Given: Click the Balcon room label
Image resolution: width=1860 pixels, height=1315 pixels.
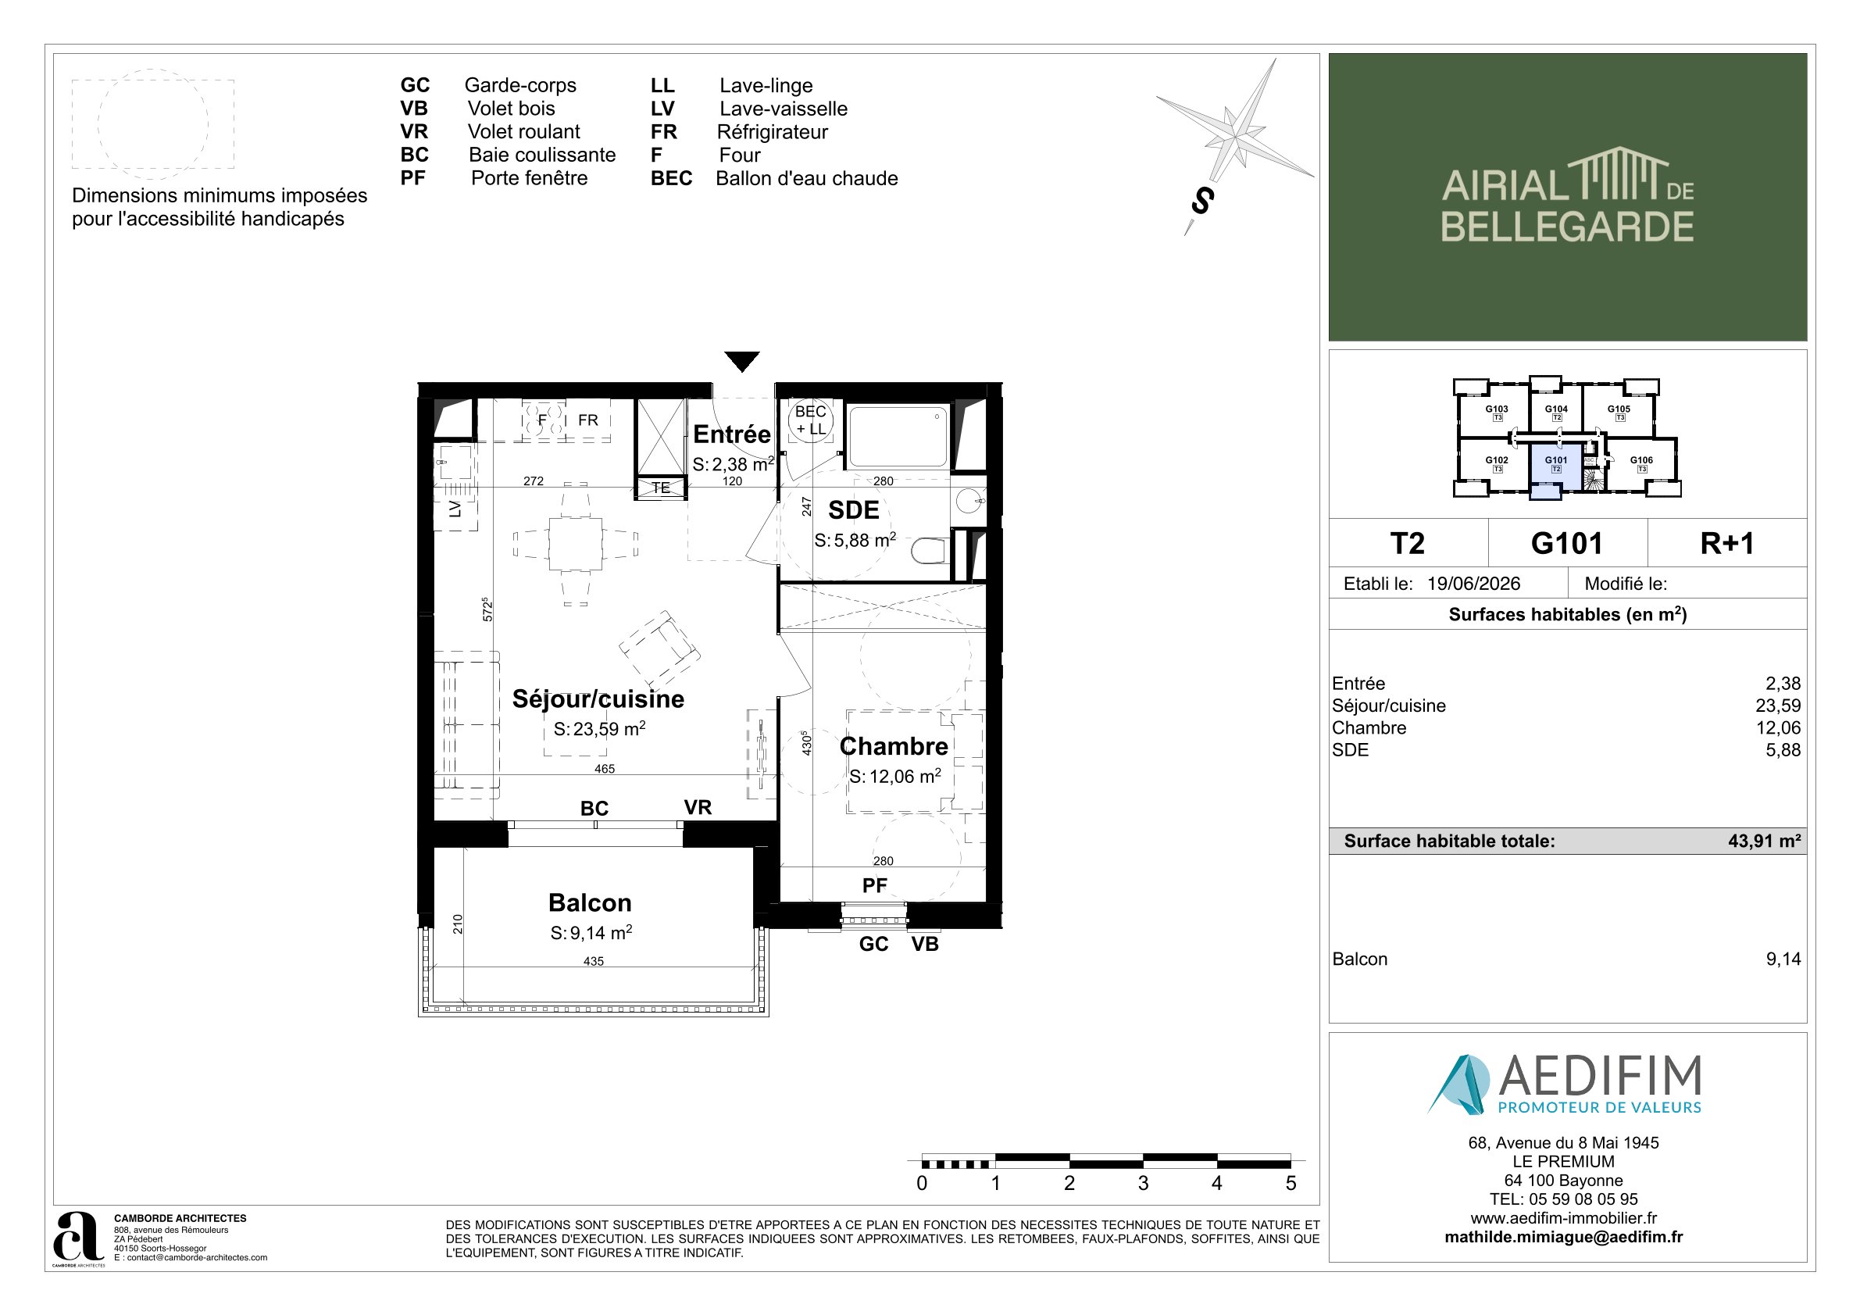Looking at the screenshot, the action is coord(590,902).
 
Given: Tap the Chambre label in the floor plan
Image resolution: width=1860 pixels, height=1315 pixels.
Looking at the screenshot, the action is coord(894,746).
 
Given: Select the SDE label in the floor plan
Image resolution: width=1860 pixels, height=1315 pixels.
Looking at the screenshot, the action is coord(853,509).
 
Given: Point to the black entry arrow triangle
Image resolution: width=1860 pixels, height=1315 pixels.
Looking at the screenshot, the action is coord(742,361).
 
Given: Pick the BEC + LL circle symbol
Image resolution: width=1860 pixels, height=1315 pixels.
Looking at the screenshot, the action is coord(810,420).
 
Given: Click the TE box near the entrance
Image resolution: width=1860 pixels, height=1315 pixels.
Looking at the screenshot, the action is coord(661,488).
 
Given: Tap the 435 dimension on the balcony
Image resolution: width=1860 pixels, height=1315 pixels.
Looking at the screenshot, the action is coord(594,961).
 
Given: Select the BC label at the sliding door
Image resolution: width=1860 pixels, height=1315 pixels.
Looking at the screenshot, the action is coord(594,808).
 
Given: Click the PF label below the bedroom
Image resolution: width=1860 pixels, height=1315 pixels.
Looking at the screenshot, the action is coord(875,885).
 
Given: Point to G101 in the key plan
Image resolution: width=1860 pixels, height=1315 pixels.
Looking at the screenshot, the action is coord(1555,460).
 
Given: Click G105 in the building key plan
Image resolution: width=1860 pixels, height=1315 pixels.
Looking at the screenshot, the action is coord(1619,409).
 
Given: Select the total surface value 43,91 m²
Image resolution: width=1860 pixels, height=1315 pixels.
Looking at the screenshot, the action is coord(1765,841).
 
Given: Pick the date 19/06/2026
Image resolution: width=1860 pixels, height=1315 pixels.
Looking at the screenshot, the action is coord(1473,584).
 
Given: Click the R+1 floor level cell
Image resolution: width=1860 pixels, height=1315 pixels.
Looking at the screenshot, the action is coord(1727,543).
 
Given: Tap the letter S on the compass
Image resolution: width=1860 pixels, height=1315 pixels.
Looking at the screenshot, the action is coord(1203,201).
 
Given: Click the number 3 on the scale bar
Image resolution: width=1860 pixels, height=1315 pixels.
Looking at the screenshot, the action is coord(1143,1183).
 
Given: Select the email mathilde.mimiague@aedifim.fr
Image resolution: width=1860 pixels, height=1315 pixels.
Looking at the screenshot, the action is coord(1563,1237).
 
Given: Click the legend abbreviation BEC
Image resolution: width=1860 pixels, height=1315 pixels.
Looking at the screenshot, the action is coord(671,178).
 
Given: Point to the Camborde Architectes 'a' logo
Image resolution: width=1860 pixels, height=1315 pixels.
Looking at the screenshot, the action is coord(78,1236).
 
